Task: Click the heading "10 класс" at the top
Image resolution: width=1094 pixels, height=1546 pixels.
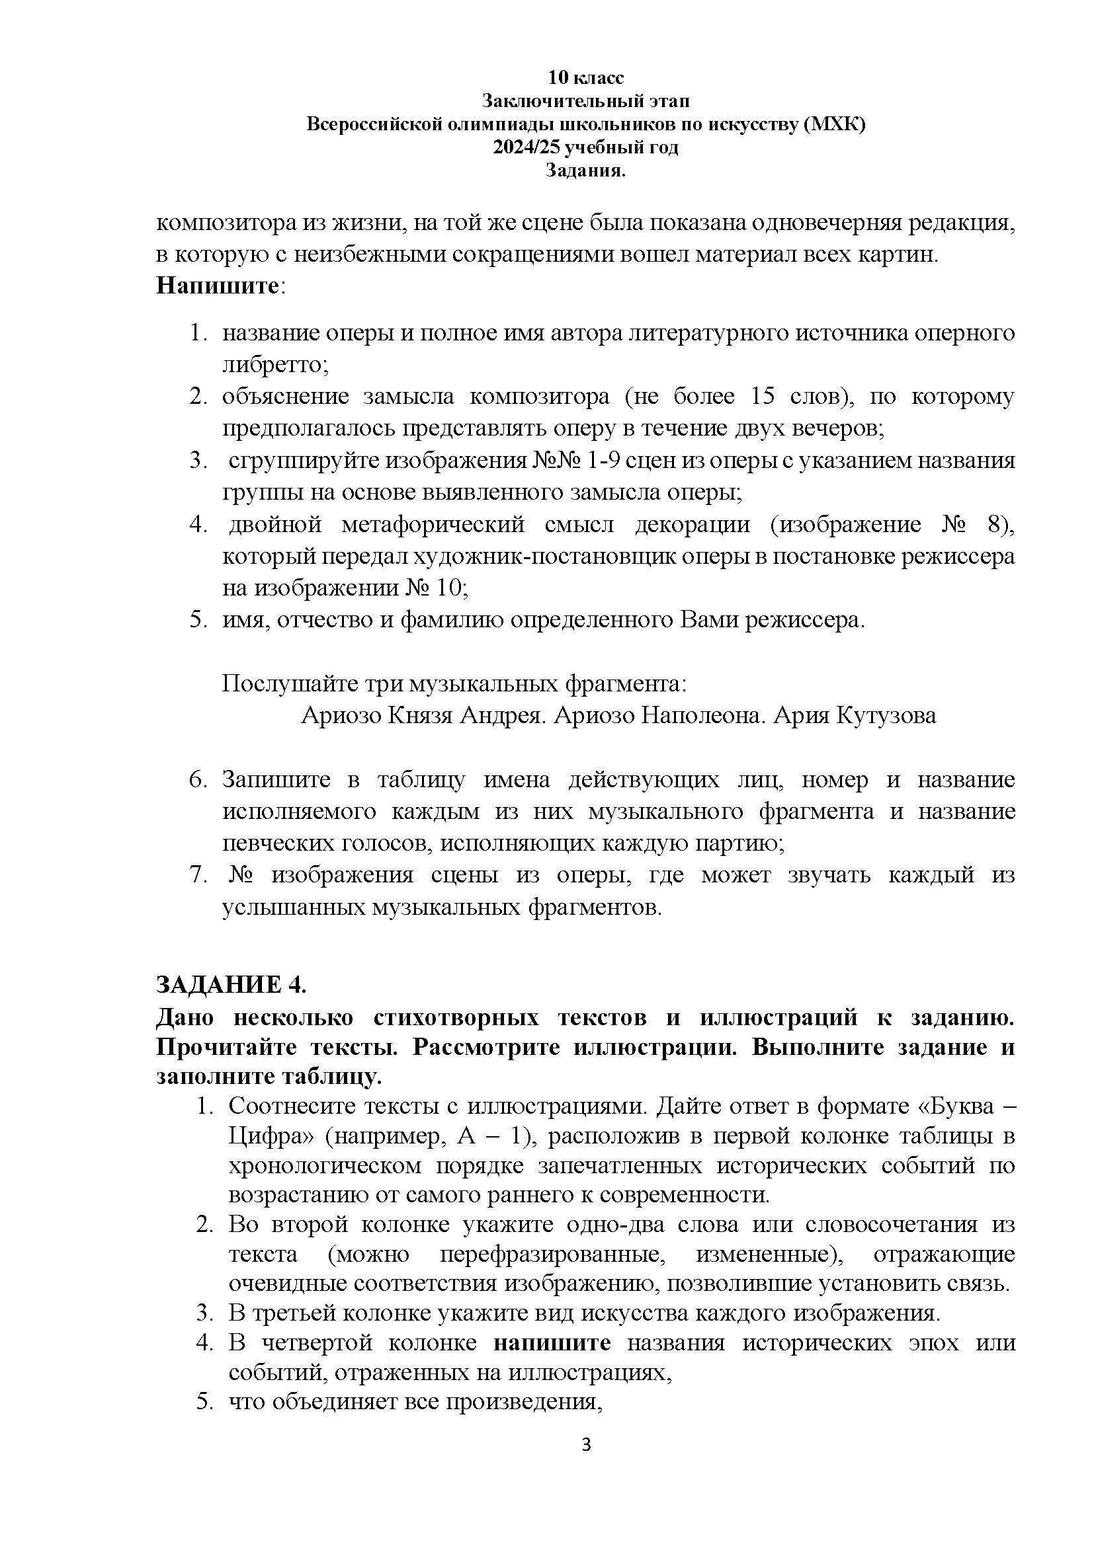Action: coord(585,78)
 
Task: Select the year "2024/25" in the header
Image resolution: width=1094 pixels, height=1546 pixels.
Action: coord(527,147)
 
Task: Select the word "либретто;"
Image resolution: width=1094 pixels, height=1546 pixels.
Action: coord(275,364)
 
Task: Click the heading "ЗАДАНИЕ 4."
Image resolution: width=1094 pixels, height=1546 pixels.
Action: coord(231,984)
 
